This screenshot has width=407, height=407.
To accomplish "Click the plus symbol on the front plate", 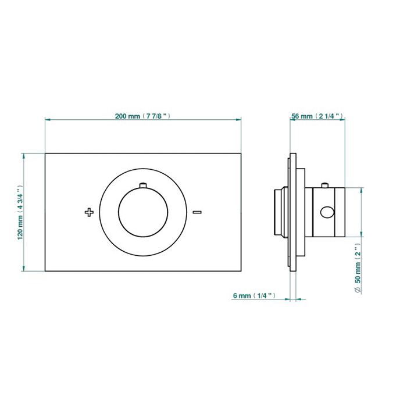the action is point(89,212).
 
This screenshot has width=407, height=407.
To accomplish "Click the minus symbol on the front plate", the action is point(197,212).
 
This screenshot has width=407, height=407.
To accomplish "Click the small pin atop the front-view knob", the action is point(143,185).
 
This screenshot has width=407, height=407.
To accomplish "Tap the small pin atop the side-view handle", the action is point(324,185).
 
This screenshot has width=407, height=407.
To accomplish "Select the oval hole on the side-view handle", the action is point(327,212).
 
